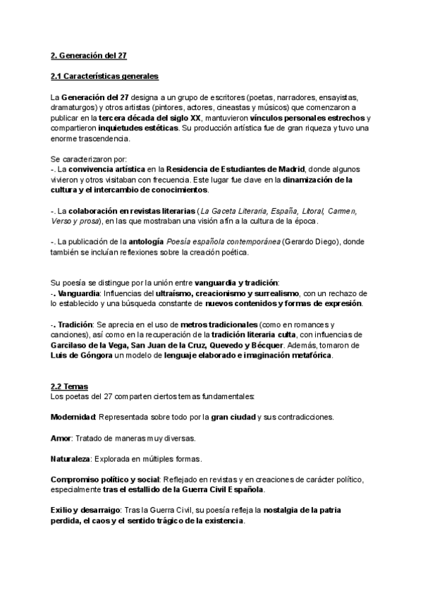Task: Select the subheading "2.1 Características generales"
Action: [x=104, y=76]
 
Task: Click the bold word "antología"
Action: [x=145, y=242]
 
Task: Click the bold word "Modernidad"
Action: [x=73, y=417]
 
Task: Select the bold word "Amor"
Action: [x=61, y=438]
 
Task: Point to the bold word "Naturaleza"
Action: [x=70, y=458]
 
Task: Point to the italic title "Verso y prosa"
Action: [x=73, y=221]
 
